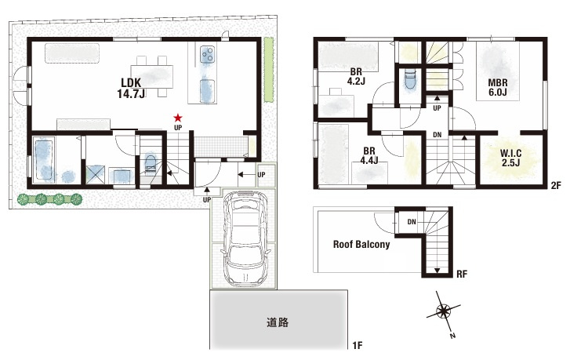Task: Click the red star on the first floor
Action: (x=178, y=118)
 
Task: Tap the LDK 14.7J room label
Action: (x=131, y=88)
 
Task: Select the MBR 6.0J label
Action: (x=498, y=87)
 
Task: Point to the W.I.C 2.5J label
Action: (x=510, y=158)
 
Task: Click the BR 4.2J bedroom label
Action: (x=356, y=76)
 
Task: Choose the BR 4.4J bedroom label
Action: (x=369, y=155)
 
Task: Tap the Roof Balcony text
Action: (x=361, y=245)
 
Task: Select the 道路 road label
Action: (x=278, y=322)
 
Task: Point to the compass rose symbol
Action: (x=444, y=311)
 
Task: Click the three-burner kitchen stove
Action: (x=208, y=55)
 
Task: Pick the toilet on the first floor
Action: (x=150, y=162)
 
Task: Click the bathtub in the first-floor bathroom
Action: (x=44, y=160)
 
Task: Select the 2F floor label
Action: (x=556, y=185)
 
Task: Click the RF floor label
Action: (x=462, y=275)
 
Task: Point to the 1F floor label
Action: (x=358, y=345)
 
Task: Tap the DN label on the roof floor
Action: (x=412, y=221)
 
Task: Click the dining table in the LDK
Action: (x=152, y=76)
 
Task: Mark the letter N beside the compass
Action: (x=452, y=336)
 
